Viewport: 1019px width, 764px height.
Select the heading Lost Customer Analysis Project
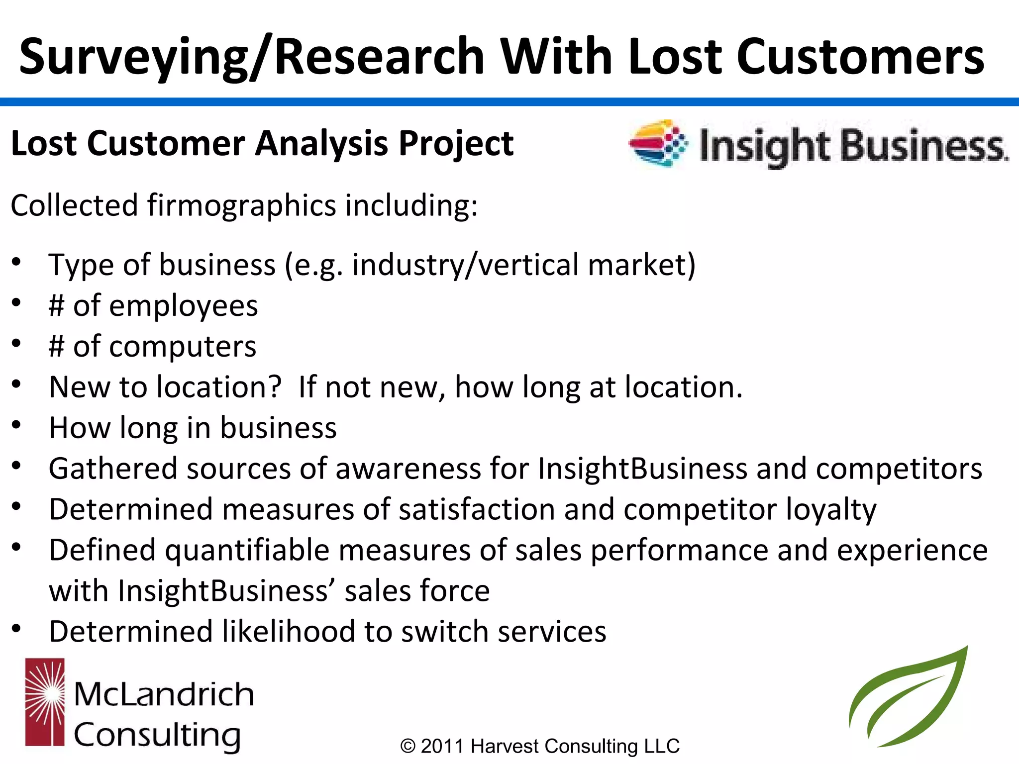tap(262, 143)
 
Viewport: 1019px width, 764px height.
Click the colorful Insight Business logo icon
tap(658, 143)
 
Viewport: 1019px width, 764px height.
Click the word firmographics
tap(242, 205)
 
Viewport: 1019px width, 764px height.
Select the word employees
tap(183, 305)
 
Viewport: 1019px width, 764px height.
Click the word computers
tap(182, 346)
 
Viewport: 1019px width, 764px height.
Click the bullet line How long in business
tap(193, 428)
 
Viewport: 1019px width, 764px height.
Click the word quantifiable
tap(247, 551)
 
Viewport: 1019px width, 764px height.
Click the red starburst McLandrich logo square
tap(45, 702)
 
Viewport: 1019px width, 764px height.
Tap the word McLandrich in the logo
tap(164, 694)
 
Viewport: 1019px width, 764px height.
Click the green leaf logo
tap(908, 699)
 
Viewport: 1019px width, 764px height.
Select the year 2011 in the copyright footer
tap(442, 746)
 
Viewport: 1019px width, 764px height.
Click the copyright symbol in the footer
tap(408, 746)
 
